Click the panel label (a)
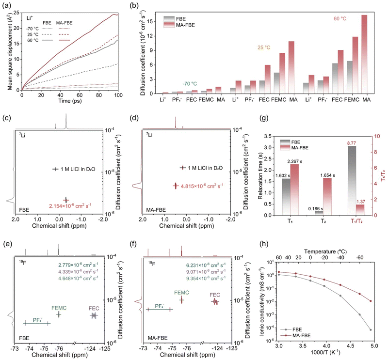[7, 5]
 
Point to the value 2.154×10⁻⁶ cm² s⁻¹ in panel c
[69, 207]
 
